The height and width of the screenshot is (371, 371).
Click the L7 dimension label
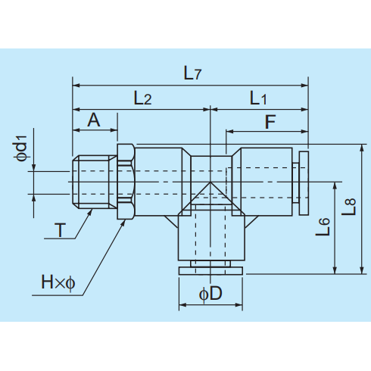(192, 73)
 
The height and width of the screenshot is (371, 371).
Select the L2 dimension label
(142, 98)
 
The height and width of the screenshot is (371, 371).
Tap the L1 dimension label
(258, 98)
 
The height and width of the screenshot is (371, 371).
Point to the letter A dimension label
(94, 120)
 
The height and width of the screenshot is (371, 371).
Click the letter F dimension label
(270, 122)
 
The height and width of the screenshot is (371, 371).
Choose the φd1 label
(21, 148)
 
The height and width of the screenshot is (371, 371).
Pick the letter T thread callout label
(60, 230)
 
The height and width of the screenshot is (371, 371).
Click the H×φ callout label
(58, 282)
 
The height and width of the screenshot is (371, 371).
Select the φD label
(210, 294)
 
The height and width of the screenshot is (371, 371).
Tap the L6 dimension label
(323, 226)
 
